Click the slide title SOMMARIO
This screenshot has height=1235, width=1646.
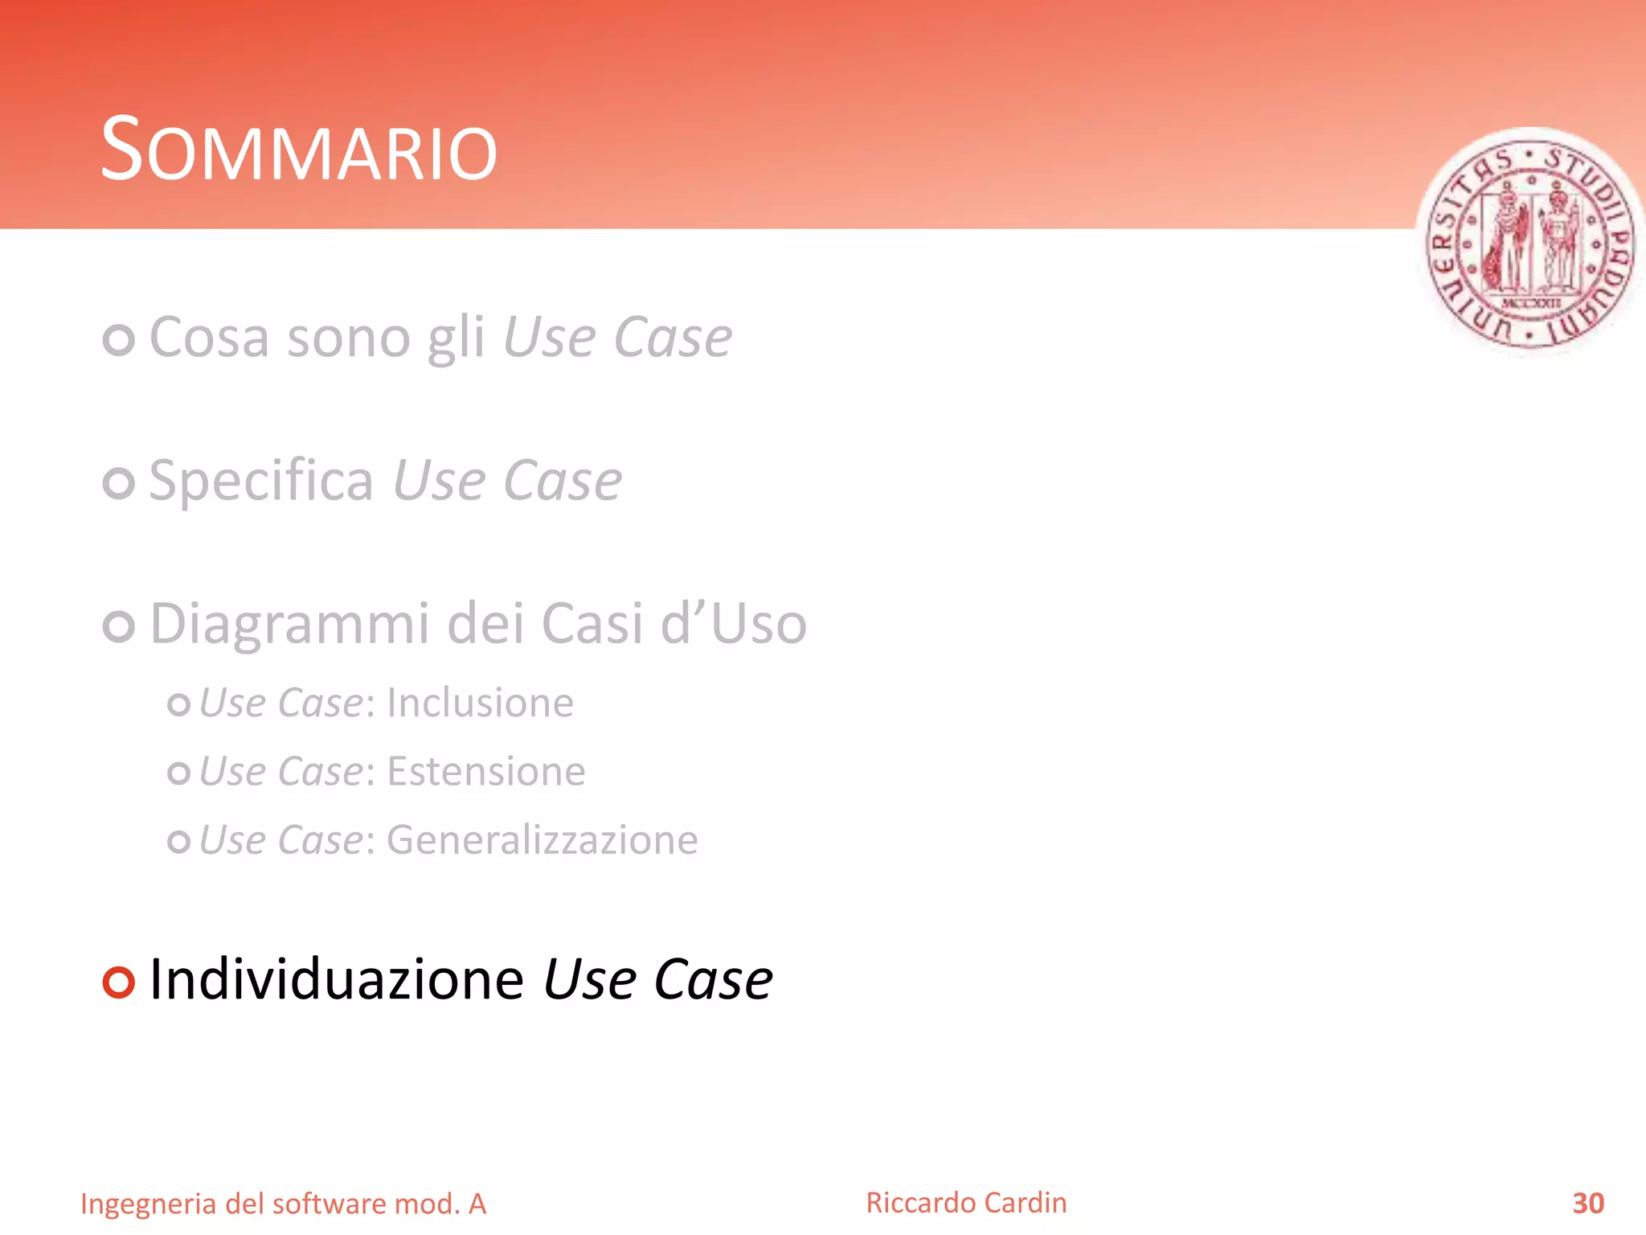coord(299,150)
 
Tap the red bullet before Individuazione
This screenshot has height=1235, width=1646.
coord(119,982)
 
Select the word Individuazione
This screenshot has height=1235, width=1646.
coord(337,979)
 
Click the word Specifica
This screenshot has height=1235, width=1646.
coord(261,481)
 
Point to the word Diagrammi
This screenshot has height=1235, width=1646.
coord(290,625)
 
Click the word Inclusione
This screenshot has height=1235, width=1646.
coord(480,703)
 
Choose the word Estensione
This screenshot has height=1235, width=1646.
coord(485,772)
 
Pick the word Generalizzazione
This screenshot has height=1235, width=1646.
coord(542,840)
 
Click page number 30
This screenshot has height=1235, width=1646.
coord(1587,1203)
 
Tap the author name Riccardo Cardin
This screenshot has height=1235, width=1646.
coord(966,1203)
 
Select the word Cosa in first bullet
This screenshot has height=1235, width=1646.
coord(208,338)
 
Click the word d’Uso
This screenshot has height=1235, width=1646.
coord(733,625)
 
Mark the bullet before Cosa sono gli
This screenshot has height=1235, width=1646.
coord(119,339)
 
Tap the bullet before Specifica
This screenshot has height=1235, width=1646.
coord(119,482)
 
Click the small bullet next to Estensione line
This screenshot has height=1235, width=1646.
coord(178,773)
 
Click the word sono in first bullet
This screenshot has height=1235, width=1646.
coord(349,338)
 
